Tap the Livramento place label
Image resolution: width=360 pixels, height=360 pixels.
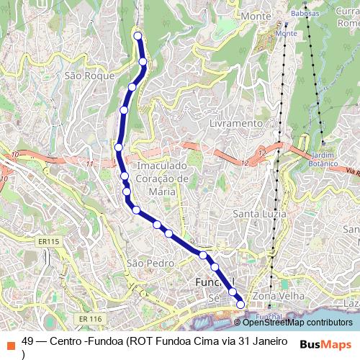coord(235,123)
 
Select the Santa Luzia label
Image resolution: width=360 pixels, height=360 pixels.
coord(260,214)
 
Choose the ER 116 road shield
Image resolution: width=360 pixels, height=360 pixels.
coord(91,318)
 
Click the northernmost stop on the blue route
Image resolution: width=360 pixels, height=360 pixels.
coord(138,35)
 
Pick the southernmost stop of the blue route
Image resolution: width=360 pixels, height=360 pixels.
coord(240,305)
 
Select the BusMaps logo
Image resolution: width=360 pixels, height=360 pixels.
coord(325,344)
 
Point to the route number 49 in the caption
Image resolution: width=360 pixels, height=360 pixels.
coord(28,341)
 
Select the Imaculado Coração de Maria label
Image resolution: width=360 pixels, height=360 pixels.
coord(162,179)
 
